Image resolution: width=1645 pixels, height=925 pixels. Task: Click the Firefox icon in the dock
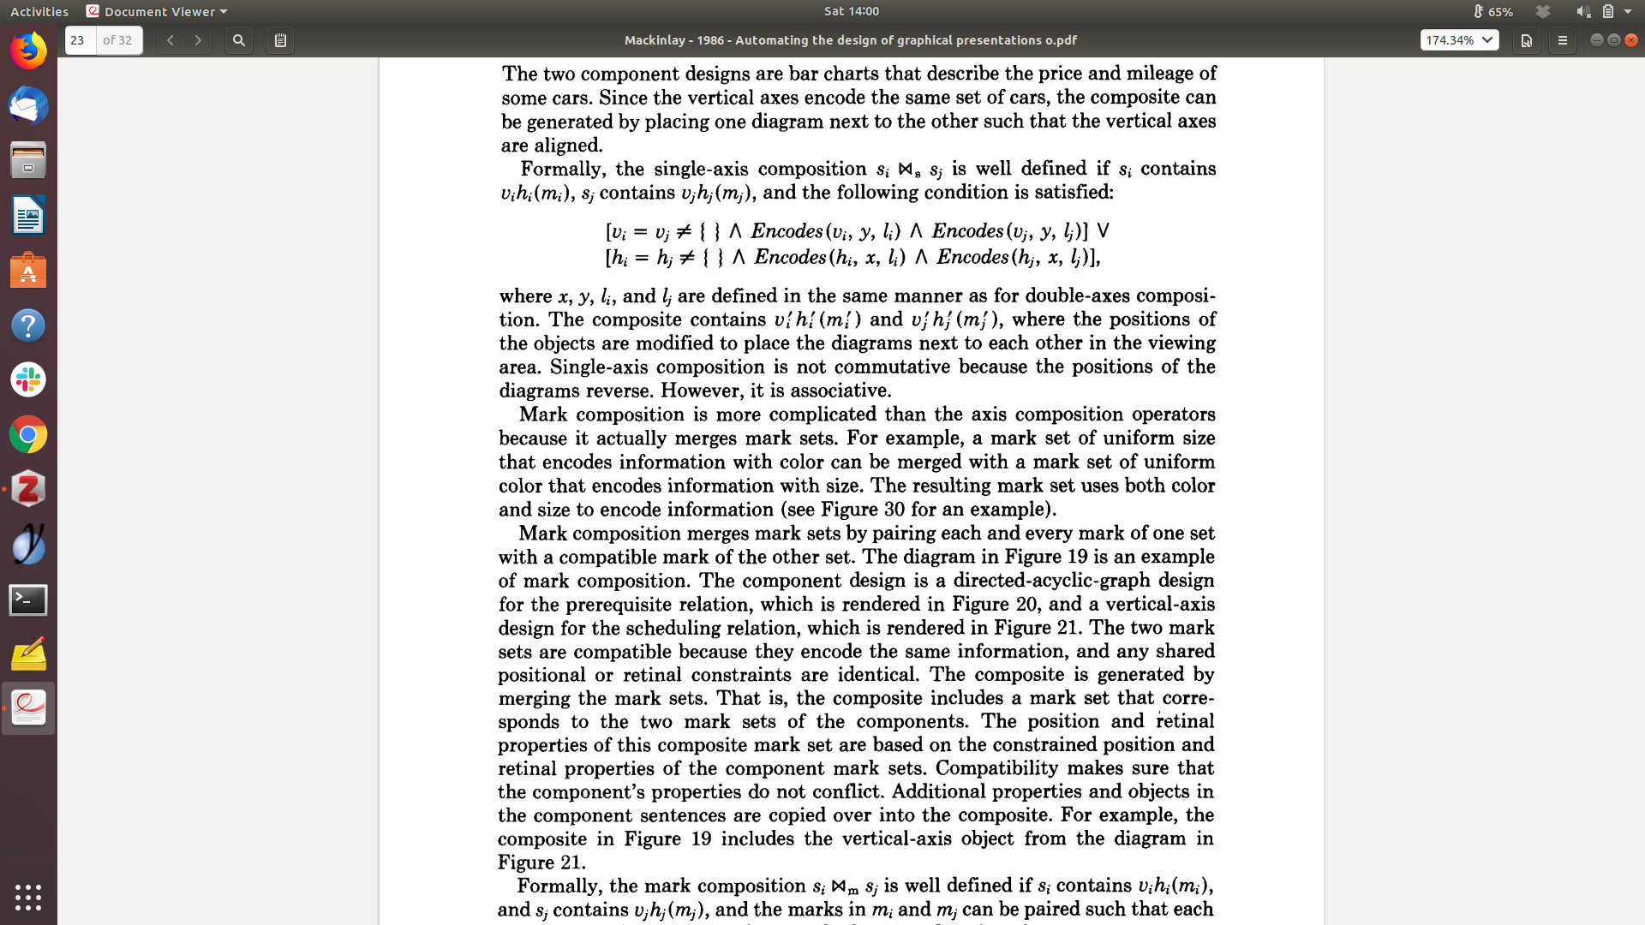(28, 51)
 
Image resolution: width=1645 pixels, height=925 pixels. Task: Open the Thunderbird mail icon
(28, 106)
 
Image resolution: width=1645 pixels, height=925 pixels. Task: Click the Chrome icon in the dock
(28, 435)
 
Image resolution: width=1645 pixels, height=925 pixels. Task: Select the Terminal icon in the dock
(28, 600)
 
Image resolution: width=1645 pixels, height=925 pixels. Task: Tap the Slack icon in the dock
(28, 379)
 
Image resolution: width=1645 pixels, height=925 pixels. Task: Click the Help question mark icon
(28, 325)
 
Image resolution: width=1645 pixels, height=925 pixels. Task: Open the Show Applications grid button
(28, 897)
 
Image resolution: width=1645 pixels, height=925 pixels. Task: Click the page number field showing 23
(80, 40)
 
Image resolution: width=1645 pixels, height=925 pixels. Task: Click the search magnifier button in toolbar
(239, 40)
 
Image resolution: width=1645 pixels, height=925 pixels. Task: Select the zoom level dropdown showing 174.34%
(1459, 40)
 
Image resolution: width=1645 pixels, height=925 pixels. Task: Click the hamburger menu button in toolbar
(1562, 40)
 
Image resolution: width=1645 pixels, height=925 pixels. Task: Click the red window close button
(1631, 40)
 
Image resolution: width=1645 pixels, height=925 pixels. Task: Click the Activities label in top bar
(39, 12)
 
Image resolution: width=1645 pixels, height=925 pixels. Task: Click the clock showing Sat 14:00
(852, 11)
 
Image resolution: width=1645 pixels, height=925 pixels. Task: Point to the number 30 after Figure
(894, 510)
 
